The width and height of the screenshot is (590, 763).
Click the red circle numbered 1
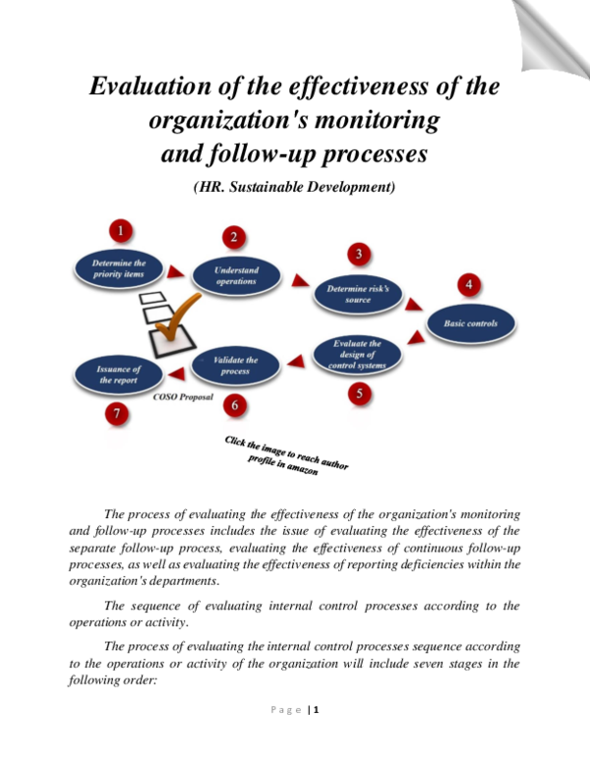click(121, 232)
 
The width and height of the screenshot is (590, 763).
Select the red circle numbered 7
click(118, 415)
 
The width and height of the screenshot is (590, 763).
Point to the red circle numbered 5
click(359, 395)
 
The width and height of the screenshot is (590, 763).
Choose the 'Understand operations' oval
click(237, 275)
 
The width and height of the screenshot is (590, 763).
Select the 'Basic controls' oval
click(470, 323)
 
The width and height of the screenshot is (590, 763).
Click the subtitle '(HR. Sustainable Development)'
click(294, 187)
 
